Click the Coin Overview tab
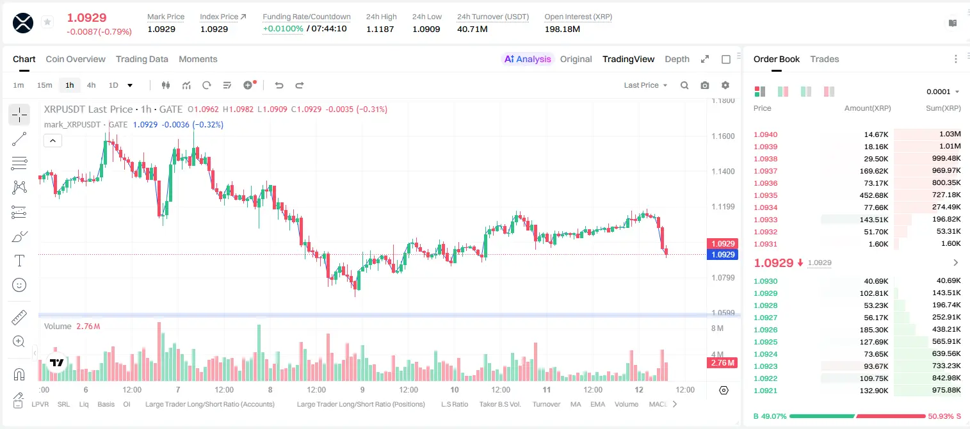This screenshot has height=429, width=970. point(76,59)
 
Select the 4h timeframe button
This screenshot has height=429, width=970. point(91,85)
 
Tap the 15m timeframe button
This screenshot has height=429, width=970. point(45,85)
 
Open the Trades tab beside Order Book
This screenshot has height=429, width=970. point(825,59)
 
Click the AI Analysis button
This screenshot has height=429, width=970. point(528,59)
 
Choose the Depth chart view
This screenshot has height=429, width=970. point(677,59)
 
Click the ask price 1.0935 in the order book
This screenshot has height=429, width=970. point(766,195)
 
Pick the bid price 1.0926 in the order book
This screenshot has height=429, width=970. point(766,330)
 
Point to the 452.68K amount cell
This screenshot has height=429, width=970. point(873,195)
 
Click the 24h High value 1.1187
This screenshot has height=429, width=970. point(380,29)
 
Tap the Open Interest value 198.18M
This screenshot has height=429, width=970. point(562,29)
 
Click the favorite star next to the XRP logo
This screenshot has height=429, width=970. point(47,22)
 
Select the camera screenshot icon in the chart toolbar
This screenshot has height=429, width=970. point(704,85)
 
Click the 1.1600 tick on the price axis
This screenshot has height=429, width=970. point(723,136)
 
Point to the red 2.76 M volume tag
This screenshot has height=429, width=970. point(722,363)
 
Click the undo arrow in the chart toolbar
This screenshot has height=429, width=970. point(279,85)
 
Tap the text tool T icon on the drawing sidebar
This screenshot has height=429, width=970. point(19,261)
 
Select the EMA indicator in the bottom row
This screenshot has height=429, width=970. point(597,404)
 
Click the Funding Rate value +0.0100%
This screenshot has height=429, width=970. point(283,29)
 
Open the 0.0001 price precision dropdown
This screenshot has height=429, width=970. point(942,92)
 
